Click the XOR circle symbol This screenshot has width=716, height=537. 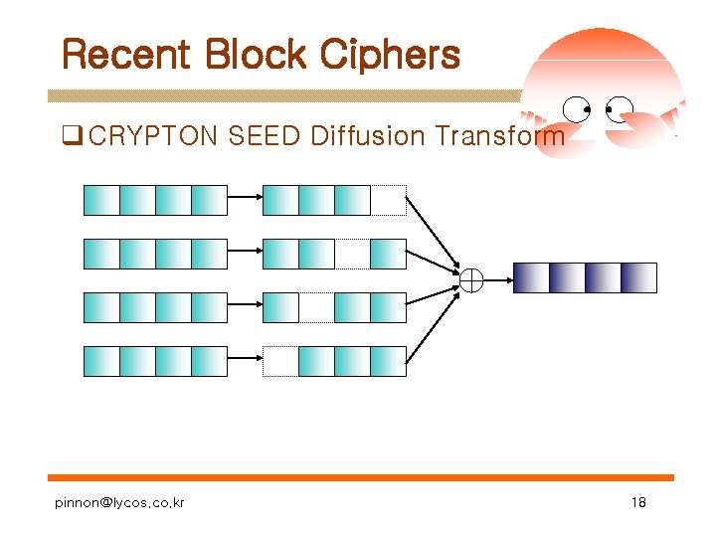(x=470, y=279)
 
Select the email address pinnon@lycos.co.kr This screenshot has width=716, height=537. (x=119, y=503)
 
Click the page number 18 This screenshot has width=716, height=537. (x=638, y=503)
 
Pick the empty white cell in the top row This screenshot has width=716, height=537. (x=389, y=200)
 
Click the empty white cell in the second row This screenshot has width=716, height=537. (x=352, y=254)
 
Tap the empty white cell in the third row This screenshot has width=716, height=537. (x=316, y=307)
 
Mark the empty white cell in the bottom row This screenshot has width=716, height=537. (x=280, y=361)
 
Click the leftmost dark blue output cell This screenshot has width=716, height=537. (x=530, y=277)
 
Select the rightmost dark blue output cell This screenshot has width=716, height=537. (x=638, y=277)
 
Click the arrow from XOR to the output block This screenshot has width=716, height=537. (x=498, y=279)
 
